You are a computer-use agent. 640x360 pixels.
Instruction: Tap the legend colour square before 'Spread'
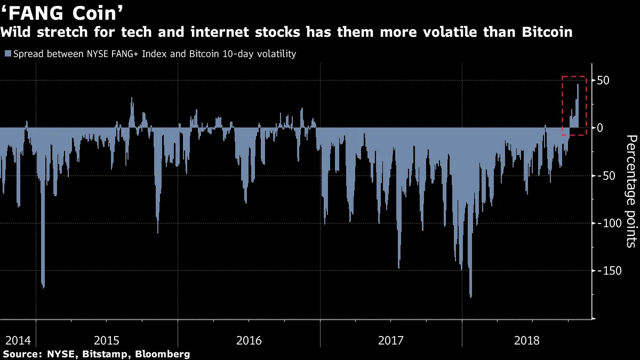pyautogui.click(x=8, y=54)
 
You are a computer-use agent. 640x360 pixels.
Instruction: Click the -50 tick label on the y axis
pyautogui.click(x=605, y=175)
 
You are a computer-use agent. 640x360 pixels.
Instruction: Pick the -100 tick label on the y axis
pyautogui.click(x=607, y=223)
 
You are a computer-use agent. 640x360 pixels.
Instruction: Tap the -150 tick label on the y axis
pyautogui.click(x=607, y=270)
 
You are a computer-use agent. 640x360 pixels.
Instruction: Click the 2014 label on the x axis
pyautogui.click(x=18, y=340)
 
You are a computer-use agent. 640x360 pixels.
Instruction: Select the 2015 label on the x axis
pyautogui.click(x=106, y=340)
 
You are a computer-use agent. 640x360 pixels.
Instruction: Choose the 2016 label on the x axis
pyautogui.click(x=249, y=340)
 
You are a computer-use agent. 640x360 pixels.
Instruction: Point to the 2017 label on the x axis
pyautogui.click(x=391, y=340)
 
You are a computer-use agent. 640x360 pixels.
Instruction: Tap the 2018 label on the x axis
pyautogui.click(x=533, y=340)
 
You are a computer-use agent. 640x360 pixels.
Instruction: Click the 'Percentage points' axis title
pyautogui.click(x=630, y=191)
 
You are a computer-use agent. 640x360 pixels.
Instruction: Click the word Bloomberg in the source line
pyautogui.click(x=162, y=354)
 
